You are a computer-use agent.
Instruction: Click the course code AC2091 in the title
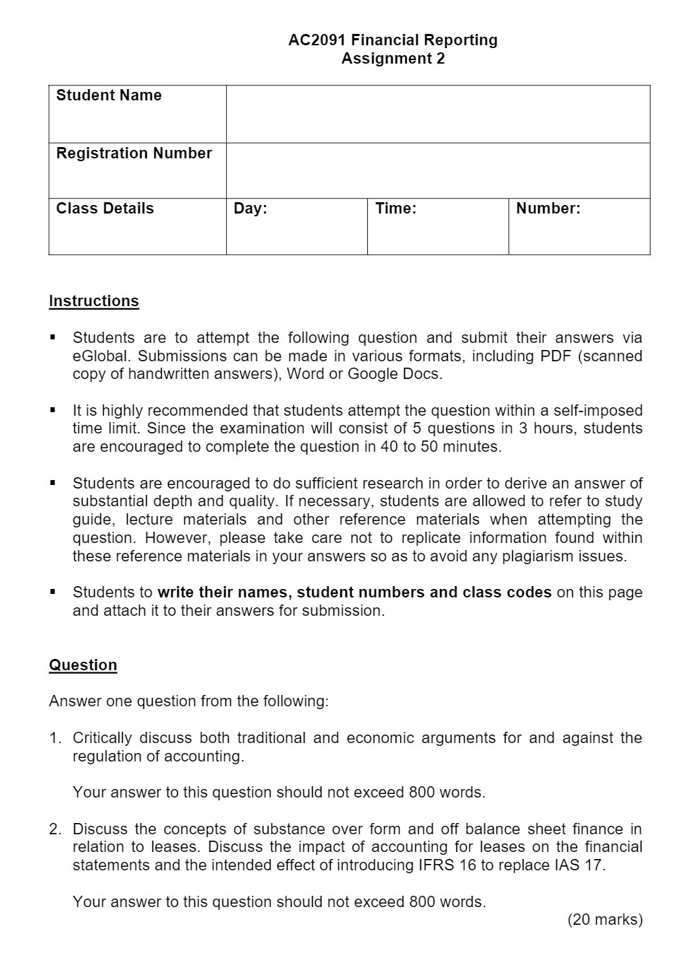(317, 40)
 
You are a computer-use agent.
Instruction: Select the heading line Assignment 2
(393, 59)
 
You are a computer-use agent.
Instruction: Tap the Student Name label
(109, 95)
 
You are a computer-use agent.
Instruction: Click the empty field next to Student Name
(437, 114)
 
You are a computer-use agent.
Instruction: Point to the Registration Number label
(133, 153)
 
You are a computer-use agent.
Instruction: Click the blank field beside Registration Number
(437, 170)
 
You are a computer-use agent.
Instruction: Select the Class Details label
(105, 209)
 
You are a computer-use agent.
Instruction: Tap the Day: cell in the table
(296, 226)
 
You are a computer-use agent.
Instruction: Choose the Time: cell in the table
(437, 226)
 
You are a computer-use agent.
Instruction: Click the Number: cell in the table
(578, 226)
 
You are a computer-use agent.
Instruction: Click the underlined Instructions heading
(93, 301)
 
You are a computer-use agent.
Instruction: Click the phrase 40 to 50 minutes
(440, 447)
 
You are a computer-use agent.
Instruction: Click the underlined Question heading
(83, 665)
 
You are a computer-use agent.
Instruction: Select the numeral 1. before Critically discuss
(55, 738)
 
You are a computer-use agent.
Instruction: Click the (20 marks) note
(605, 920)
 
